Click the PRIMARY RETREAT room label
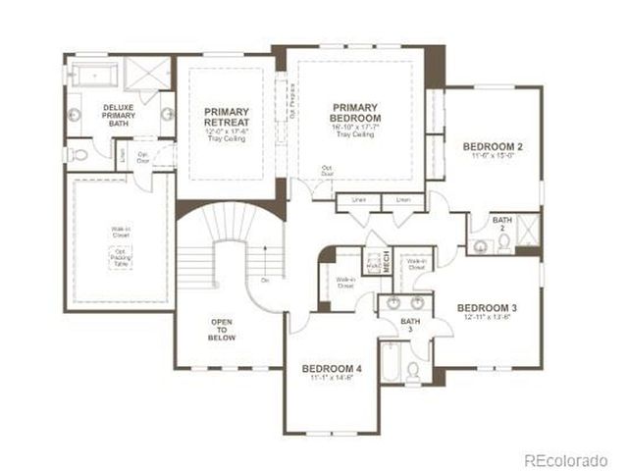227,118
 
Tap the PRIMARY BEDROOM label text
354,113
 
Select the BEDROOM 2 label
493,147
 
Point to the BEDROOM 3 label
487,307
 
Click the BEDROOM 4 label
334,368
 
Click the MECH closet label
387,262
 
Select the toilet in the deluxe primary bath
79,154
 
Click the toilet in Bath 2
504,242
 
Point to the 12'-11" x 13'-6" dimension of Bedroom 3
487,316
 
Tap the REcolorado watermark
570,458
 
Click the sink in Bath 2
481,245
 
